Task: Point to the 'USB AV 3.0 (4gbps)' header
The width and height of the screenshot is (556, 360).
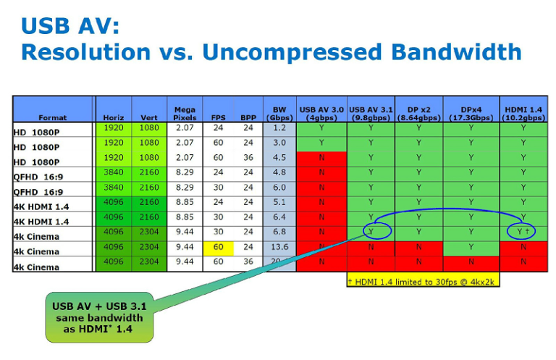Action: pos(322,112)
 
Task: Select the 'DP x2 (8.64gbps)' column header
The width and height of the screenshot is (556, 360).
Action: pos(418,112)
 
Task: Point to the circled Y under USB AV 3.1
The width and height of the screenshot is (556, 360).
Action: pos(371,232)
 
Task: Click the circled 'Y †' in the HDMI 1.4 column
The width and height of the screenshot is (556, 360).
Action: pos(522,232)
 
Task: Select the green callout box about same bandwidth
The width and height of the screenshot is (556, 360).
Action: pos(99,317)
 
